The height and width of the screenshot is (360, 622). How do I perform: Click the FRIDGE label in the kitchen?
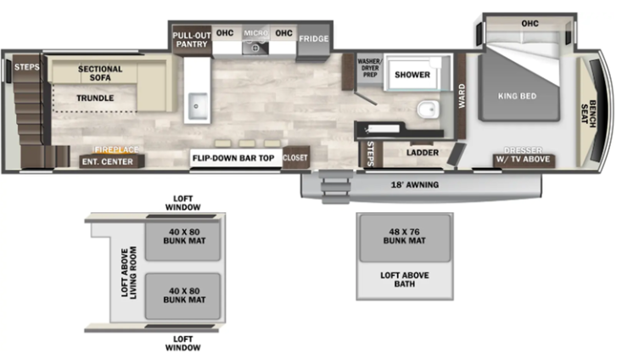click(x=314, y=39)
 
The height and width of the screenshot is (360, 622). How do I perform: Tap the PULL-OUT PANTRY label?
click(x=190, y=40)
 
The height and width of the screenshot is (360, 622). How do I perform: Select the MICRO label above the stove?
click(x=255, y=33)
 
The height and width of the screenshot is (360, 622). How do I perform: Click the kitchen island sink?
click(x=199, y=106)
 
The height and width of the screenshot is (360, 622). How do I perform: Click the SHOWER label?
click(x=412, y=76)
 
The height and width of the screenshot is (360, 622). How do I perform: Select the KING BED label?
click(x=517, y=96)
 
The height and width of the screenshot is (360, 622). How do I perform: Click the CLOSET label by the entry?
click(x=295, y=157)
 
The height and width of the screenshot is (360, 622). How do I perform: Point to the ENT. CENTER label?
click(x=107, y=161)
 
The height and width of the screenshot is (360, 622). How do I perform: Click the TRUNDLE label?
click(x=95, y=98)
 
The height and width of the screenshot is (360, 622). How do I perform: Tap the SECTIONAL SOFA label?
click(x=100, y=74)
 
